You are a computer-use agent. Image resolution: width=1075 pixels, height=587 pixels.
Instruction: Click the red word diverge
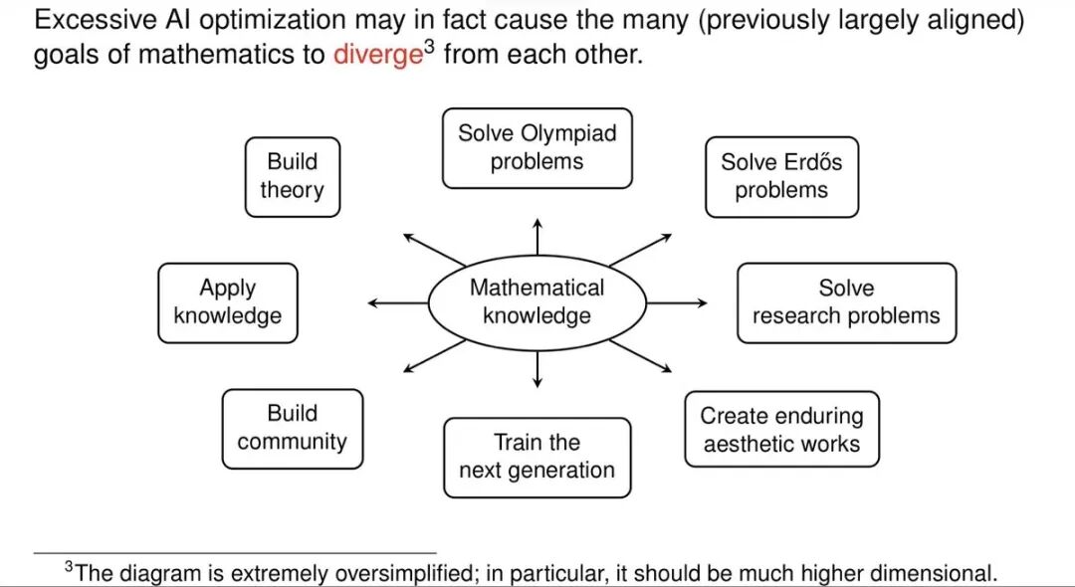(378, 54)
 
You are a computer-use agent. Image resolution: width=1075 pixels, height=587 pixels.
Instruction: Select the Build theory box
(293, 177)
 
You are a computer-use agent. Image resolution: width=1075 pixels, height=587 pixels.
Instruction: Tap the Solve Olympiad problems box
(537, 148)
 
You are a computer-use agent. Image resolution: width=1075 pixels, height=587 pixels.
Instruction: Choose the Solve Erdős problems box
(781, 177)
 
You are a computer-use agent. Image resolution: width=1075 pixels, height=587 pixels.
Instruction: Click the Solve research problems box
(847, 302)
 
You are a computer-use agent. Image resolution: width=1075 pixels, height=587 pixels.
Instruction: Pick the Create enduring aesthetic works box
(781, 430)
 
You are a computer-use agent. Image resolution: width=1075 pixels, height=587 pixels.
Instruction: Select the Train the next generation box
(537, 457)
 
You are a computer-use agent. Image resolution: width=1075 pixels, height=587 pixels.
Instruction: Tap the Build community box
(293, 429)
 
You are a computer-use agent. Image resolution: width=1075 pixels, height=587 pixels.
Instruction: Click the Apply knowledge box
(228, 302)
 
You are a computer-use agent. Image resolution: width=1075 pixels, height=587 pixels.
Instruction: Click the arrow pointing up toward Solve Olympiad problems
(537, 237)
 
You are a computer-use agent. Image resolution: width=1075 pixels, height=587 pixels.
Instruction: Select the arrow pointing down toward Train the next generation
(537, 369)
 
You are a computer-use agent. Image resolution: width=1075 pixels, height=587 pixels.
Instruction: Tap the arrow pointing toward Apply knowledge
(398, 302)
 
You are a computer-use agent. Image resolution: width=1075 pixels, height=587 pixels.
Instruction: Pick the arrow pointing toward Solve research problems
(677, 302)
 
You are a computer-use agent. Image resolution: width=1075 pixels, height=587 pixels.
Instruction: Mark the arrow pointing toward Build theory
(434, 250)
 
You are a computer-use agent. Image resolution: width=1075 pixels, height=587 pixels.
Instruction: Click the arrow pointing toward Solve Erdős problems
(640, 250)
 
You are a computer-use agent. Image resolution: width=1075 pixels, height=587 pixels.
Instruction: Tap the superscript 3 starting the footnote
(69, 566)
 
